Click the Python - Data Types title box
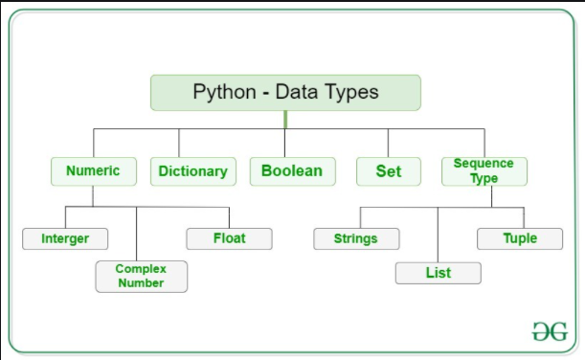pos(285,93)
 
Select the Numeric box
pos(93,171)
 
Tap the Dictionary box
pos(192,171)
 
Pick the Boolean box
pos(292,171)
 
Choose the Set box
pos(388,171)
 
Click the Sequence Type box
pos(484,171)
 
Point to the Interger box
pos(65,238)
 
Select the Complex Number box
pos(141,276)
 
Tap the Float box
pos(229,238)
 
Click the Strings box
pos(356,238)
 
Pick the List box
pos(438,273)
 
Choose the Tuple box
pos(520,238)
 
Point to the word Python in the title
pos(224,93)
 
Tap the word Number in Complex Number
pos(141,283)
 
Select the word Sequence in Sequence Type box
pos(484,164)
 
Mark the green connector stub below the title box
pos(285,119)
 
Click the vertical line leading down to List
pos(438,235)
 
